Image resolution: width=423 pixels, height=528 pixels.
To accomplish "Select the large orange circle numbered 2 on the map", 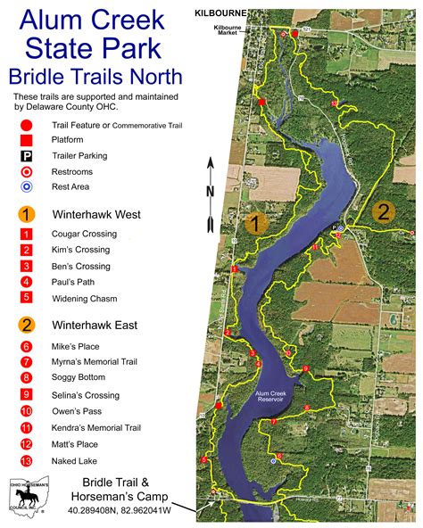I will (x=383, y=211).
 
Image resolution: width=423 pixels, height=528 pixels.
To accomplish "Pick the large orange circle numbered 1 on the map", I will (x=256, y=224).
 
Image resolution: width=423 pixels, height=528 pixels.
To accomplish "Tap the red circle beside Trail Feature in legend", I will (x=27, y=124).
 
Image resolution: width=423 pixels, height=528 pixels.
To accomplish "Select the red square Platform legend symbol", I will (x=27, y=139).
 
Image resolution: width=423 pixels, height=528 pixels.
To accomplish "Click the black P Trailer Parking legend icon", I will (x=27, y=155).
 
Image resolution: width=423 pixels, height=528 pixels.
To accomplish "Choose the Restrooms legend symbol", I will (x=27, y=170).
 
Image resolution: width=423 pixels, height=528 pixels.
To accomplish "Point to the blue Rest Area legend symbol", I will (x=27, y=186).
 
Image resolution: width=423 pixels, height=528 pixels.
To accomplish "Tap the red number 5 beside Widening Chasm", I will (x=27, y=297).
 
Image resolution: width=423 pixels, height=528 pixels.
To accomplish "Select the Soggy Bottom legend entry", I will (x=79, y=378).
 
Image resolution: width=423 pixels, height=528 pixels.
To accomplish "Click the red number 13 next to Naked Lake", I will (x=27, y=460).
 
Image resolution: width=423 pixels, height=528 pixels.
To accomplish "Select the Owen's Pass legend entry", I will (x=77, y=411).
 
